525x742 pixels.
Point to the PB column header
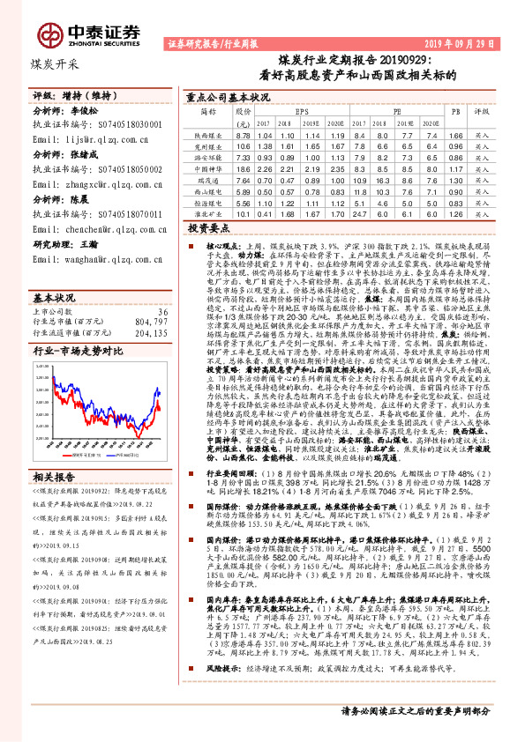click(455, 113)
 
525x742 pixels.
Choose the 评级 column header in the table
click(482, 113)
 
